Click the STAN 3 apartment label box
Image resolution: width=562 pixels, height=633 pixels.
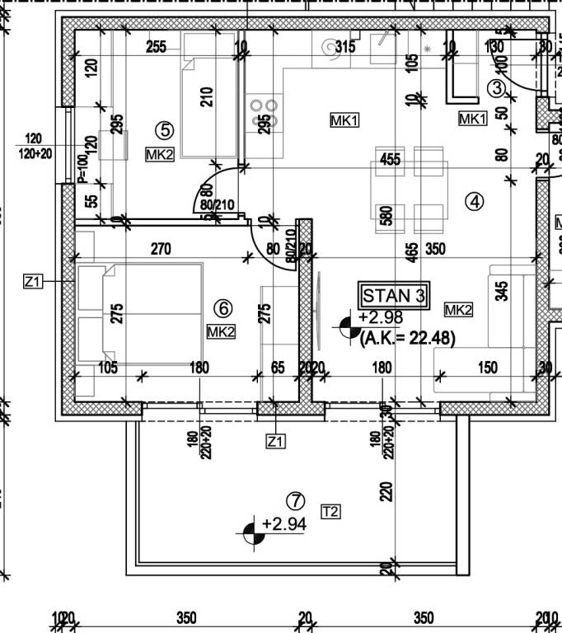(396, 295)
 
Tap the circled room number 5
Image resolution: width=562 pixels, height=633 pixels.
(165, 129)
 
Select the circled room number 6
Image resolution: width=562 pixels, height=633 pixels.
(222, 308)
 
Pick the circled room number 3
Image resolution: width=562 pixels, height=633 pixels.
(497, 87)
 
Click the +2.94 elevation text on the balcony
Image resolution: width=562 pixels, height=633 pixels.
(283, 523)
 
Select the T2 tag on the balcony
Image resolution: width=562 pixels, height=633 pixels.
(330, 512)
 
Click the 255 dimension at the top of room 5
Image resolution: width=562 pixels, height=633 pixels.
(157, 47)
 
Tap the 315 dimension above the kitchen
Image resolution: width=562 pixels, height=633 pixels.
(344, 47)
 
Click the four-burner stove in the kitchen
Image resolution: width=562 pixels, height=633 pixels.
(264, 112)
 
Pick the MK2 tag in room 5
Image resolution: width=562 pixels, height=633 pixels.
(160, 153)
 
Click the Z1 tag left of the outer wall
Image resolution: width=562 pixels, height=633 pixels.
(32, 283)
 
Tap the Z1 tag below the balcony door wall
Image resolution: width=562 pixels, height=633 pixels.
(275, 443)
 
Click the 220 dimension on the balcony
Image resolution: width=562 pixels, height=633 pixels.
(385, 493)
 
